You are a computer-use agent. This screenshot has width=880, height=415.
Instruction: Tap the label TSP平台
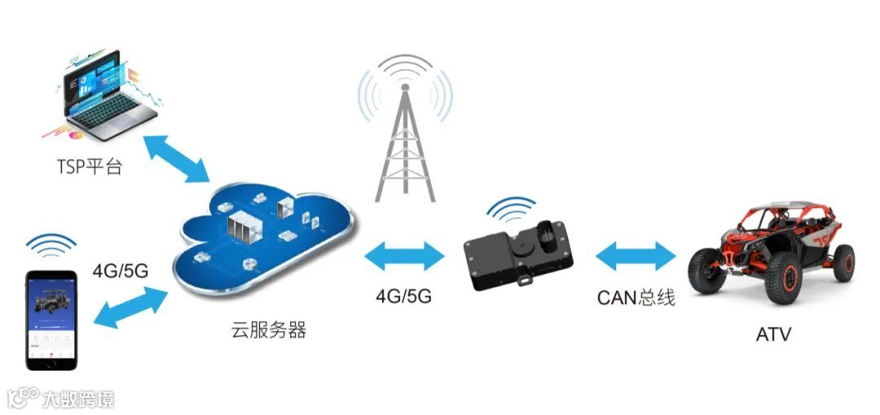pos(89,168)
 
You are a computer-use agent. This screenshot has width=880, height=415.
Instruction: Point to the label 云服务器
pos(269,330)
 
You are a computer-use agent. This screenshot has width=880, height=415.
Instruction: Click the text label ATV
pos(773,334)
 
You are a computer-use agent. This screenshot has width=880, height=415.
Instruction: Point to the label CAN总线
pos(636,298)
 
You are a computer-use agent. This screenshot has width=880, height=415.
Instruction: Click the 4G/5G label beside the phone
pos(120,271)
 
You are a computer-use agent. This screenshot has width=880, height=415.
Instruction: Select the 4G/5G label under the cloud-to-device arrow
pos(403,296)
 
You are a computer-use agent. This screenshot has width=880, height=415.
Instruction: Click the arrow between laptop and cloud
pos(175,157)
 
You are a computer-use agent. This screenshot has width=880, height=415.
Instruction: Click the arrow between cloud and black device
pos(405,258)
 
